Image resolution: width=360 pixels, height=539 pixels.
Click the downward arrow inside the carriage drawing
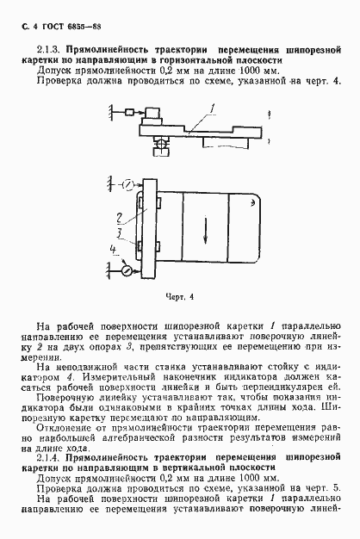pyautogui.click(x=206, y=229)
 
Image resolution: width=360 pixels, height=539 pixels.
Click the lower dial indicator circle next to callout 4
pyautogui.click(x=127, y=270)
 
